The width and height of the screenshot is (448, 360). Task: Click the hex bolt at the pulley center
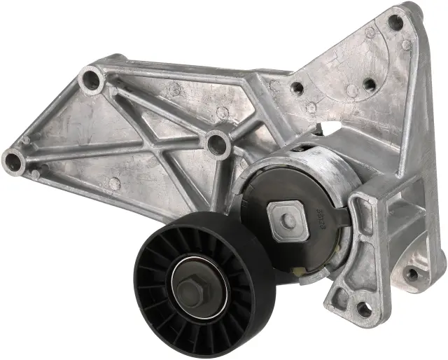190,287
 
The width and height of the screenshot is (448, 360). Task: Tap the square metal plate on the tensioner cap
288,221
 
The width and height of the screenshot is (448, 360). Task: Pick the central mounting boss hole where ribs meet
218,143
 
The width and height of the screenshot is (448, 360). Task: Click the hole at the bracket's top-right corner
396,22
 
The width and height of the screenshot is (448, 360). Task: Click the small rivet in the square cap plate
288,221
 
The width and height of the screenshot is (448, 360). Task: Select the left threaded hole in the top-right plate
297,88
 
